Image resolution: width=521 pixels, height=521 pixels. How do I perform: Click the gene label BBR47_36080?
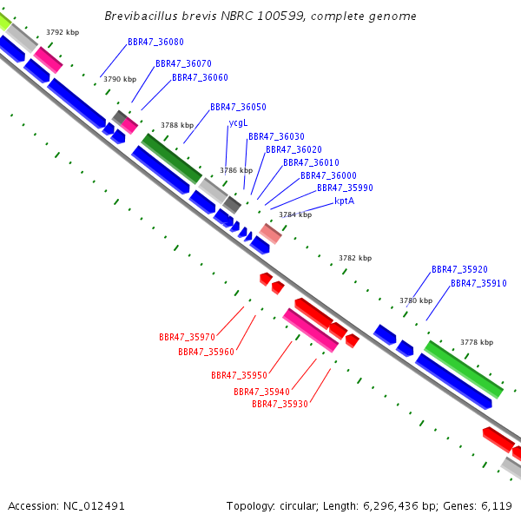point(155,43)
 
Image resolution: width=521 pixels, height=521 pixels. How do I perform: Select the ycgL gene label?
point(238,123)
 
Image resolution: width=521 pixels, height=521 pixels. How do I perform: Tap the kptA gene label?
point(344,201)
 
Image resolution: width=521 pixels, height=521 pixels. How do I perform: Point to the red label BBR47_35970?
point(187,337)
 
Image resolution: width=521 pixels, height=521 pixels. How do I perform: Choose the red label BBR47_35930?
point(280,404)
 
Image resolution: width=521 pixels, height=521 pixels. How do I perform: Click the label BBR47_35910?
point(478,283)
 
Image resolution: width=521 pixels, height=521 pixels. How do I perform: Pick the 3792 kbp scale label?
point(63,32)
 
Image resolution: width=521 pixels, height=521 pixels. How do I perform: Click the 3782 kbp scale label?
point(355,258)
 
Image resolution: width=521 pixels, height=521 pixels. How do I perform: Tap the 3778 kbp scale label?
point(477,342)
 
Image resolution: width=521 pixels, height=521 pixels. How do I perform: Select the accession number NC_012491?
point(94,506)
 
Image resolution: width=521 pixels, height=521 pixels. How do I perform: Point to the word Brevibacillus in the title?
point(141,16)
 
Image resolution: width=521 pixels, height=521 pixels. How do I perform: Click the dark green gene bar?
point(172,159)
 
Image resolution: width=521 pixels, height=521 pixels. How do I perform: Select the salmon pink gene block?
point(270,234)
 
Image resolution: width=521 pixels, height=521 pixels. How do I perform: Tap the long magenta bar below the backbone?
point(310,330)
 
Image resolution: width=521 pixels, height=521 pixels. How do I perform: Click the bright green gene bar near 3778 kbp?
point(464,369)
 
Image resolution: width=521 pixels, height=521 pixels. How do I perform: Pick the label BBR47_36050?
point(238,108)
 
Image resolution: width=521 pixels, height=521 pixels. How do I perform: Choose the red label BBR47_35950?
point(240,375)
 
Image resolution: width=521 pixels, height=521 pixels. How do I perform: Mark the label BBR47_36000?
point(328,175)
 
